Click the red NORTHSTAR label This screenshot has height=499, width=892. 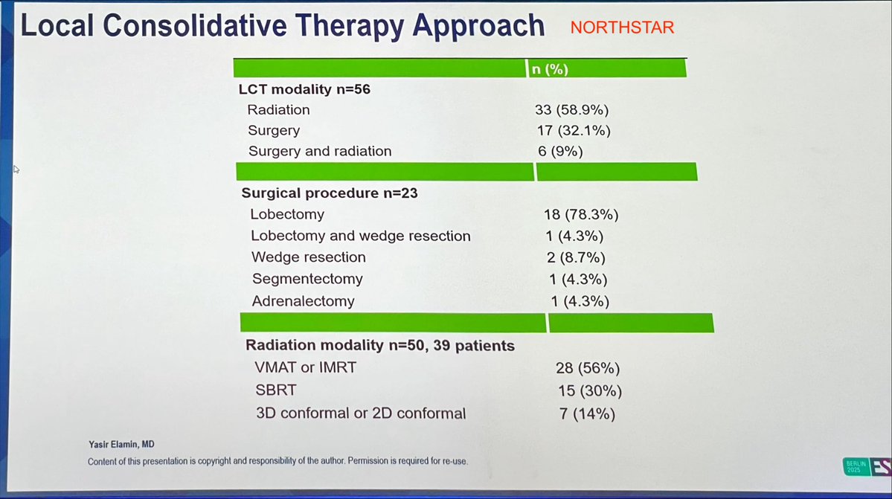[x=622, y=28]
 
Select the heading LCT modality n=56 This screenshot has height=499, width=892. [x=304, y=89]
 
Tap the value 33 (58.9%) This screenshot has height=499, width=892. [x=571, y=110]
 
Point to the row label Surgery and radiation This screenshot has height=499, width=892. [x=319, y=152]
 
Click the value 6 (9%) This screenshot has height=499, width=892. [x=562, y=152]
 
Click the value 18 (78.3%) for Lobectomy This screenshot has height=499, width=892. [x=581, y=215]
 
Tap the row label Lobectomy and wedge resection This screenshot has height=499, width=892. [x=361, y=236]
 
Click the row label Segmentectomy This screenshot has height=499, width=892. [x=307, y=280]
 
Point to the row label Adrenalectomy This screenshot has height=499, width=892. [x=303, y=301]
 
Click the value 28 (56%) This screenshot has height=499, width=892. [x=588, y=368]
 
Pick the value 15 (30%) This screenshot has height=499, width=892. [x=589, y=390]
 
